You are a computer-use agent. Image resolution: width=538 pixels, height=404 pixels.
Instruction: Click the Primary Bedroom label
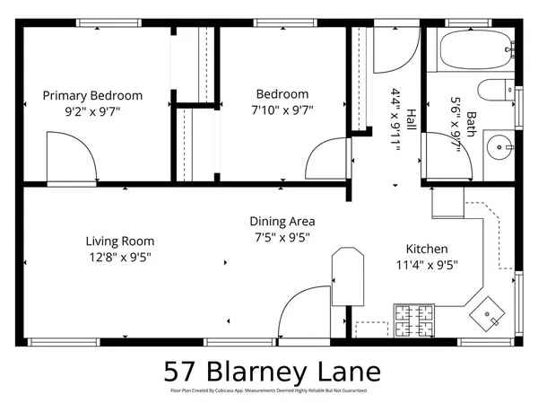[91, 95]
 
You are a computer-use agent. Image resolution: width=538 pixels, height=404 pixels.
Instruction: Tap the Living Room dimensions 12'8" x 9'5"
[119, 257]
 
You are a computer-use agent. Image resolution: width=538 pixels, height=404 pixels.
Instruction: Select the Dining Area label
[282, 221]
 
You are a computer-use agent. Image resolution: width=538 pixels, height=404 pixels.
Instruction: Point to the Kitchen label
[427, 249]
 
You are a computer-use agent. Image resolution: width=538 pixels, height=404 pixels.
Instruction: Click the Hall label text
[412, 119]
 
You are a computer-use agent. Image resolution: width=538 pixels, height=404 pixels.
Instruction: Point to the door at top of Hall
[391, 50]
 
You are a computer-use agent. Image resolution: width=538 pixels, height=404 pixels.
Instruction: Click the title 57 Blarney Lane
[272, 371]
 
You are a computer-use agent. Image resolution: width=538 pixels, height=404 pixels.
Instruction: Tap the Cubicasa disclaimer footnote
[269, 391]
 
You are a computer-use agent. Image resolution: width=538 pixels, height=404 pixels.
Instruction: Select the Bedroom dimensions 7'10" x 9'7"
[282, 111]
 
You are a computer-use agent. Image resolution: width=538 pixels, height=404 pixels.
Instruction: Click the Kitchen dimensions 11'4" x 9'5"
[427, 265]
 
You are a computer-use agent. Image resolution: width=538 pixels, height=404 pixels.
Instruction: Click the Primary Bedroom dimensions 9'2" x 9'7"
[91, 111]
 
